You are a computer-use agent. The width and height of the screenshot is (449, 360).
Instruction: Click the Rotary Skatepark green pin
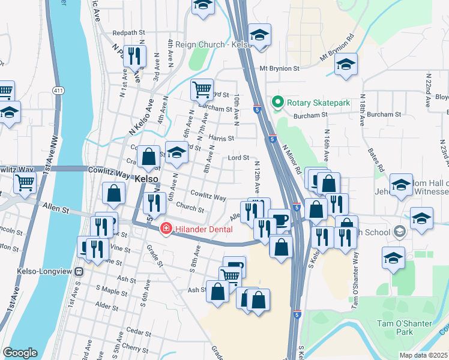click(x=277, y=103)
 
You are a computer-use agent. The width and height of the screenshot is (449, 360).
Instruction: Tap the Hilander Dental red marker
click(x=166, y=229)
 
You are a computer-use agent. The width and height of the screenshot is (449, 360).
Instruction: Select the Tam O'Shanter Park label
click(x=405, y=328)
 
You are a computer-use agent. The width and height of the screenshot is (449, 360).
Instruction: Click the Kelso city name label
click(x=146, y=179)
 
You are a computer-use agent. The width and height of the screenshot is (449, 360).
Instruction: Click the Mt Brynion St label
click(x=279, y=68)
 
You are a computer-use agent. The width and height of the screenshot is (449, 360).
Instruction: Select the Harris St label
click(x=221, y=138)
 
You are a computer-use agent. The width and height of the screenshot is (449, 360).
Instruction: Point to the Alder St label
click(x=107, y=306)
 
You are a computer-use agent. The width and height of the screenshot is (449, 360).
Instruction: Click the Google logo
click(x=20, y=352)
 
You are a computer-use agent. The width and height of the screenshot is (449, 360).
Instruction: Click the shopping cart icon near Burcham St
click(x=202, y=90)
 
